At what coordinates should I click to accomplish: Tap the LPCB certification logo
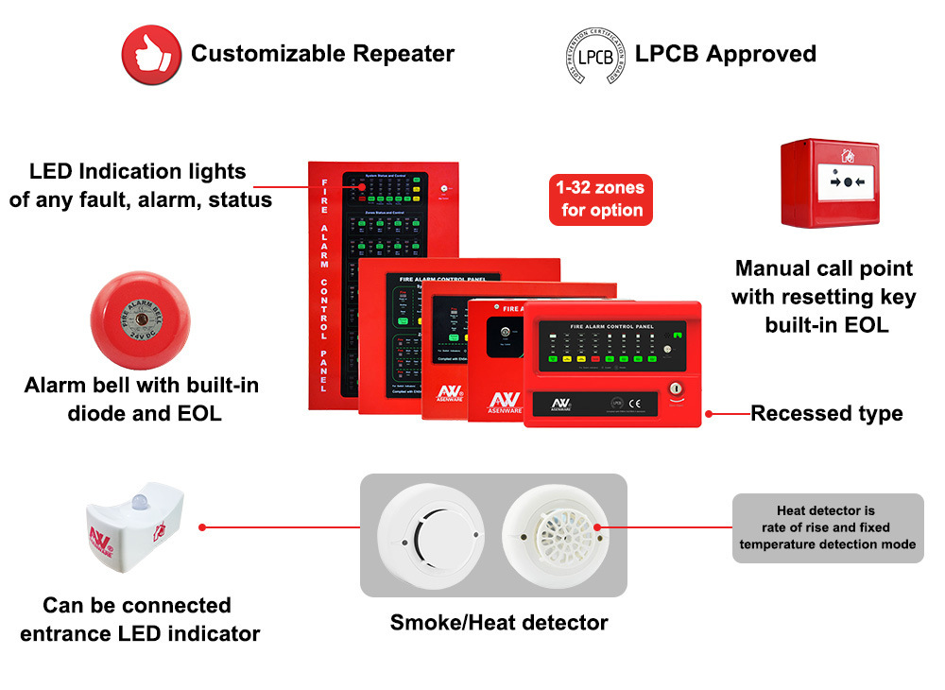click(593, 55)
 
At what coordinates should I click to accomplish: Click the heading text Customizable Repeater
click(322, 53)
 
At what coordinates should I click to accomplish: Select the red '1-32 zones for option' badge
click(601, 198)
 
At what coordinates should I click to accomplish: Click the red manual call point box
click(830, 183)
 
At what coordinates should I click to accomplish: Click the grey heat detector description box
click(828, 527)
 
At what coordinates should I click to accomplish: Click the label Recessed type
click(826, 413)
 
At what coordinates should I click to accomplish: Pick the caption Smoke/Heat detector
click(499, 622)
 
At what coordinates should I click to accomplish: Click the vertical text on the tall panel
click(324, 284)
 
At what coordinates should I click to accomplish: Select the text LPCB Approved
click(725, 53)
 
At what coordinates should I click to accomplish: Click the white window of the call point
click(847, 181)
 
